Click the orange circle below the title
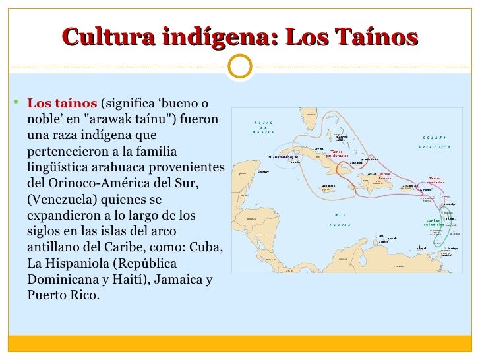[x=240, y=64]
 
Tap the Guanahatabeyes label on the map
[x=284, y=157]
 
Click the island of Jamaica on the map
[x=328, y=187]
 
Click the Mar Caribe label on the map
[x=339, y=220]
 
